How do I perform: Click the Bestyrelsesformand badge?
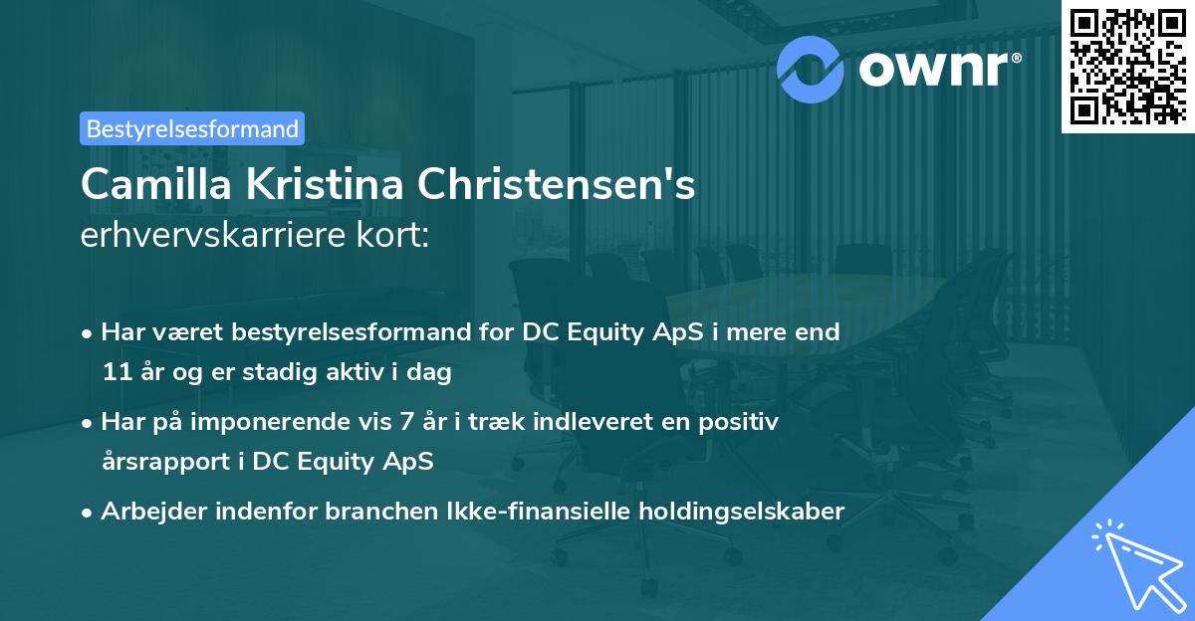tap(192, 128)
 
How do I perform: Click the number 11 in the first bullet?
tap(116, 373)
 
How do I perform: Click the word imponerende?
tap(287, 422)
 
